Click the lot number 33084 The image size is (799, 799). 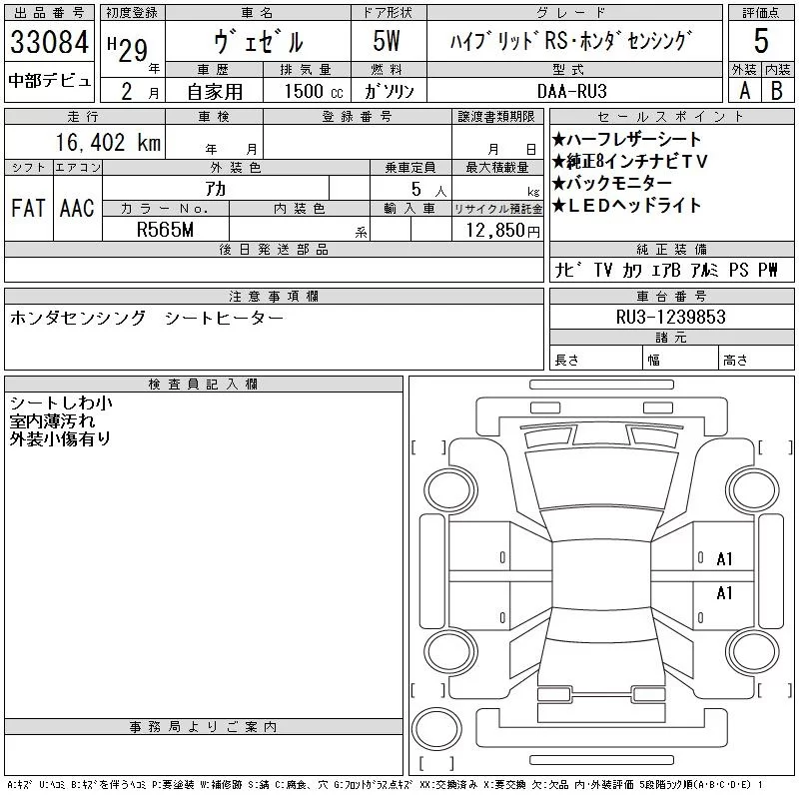(x=49, y=43)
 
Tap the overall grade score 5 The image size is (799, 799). (x=761, y=43)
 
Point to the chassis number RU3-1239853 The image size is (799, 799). (x=670, y=317)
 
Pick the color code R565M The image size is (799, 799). (x=165, y=230)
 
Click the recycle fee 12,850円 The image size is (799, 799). (x=496, y=231)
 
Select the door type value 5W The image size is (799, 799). (x=387, y=43)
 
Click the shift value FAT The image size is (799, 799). (x=27, y=209)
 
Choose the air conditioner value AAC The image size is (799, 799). (x=77, y=209)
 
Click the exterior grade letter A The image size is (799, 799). (x=743, y=90)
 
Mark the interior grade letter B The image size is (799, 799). (x=776, y=90)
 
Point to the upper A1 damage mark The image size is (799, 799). (x=725, y=559)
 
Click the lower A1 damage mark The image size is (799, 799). (x=725, y=593)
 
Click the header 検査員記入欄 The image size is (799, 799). (x=204, y=385)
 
